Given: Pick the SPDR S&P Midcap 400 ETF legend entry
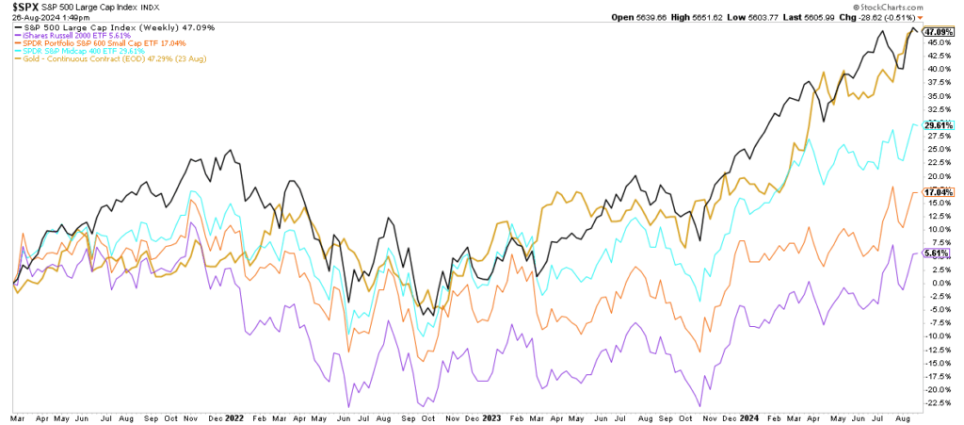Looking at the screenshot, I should pyautogui.click(x=75, y=51).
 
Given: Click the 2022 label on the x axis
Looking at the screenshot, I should pyautogui.click(x=233, y=416).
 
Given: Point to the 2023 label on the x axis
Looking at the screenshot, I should pyautogui.click(x=491, y=416).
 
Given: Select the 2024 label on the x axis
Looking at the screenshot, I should pyautogui.click(x=750, y=416).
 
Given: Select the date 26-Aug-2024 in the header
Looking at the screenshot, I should pyautogui.click(x=34, y=19).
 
